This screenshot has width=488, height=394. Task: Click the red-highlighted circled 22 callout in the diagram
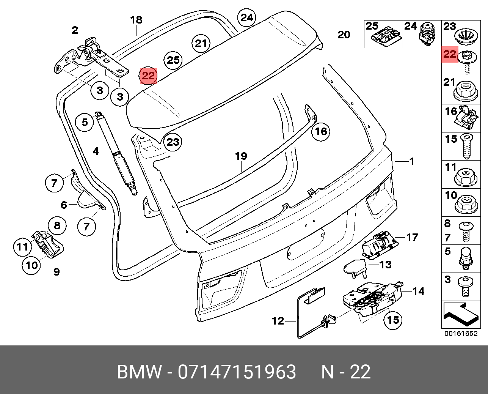148,76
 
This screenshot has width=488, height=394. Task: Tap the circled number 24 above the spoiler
246,18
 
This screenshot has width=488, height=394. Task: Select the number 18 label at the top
136,20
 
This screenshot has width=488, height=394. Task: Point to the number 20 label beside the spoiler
344,35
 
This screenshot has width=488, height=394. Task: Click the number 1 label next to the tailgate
412,161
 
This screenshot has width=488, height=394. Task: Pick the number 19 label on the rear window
241,156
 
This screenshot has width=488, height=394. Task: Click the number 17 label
412,237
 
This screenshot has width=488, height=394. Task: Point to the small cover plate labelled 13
355,266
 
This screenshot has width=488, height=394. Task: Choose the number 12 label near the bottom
278,321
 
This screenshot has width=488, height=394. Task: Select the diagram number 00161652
461,334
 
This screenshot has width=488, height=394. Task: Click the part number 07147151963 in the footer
237,372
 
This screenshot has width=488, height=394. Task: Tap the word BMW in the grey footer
139,372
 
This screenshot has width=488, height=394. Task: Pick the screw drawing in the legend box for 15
467,146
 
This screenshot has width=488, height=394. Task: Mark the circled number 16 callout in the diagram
321,131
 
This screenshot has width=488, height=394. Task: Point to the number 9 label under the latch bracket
56,272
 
